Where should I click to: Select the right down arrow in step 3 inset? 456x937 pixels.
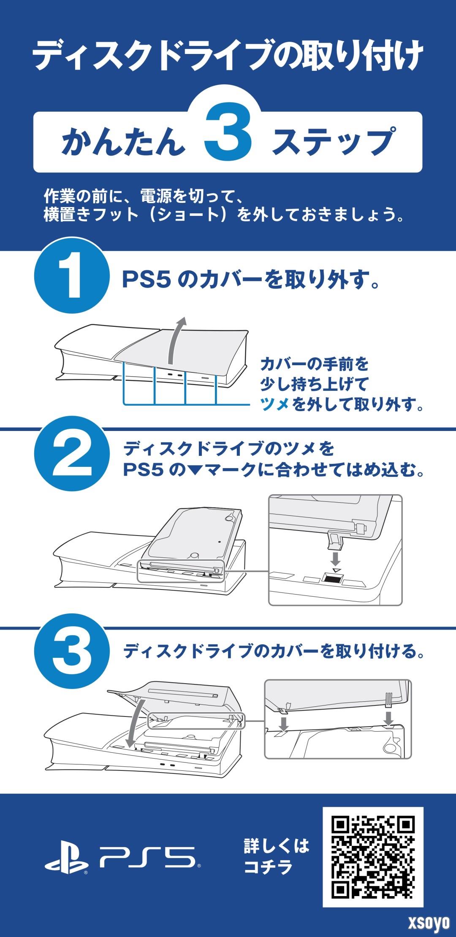(389, 718)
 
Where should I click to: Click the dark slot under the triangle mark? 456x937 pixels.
(332, 579)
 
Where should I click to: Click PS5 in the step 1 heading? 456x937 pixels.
(146, 280)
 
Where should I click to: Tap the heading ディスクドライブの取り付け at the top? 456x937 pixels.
(228, 56)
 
